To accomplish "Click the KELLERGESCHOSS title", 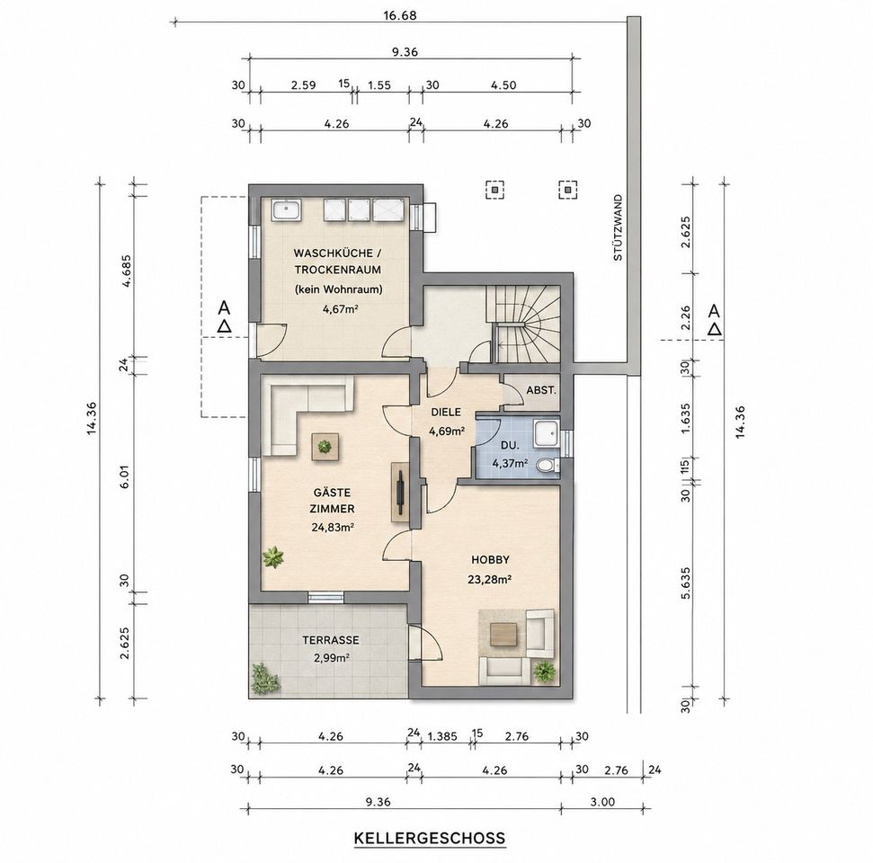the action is [x=430, y=838].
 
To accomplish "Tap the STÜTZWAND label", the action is [x=618, y=227].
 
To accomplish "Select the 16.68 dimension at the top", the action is [x=400, y=15].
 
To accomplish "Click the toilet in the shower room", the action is [x=548, y=465].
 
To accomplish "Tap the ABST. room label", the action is [x=541, y=390].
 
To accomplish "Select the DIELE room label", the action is [x=446, y=412].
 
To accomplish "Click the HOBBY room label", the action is [x=490, y=559].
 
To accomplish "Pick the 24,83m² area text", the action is [x=334, y=527].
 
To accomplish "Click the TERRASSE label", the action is [x=331, y=640].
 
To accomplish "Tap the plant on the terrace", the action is [x=263, y=679].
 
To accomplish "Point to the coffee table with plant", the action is [x=324, y=446].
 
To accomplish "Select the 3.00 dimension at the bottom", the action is [x=602, y=802].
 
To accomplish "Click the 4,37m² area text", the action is [x=510, y=463].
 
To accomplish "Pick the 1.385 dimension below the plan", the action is [x=442, y=736].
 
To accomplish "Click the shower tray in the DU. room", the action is [x=547, y=434].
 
